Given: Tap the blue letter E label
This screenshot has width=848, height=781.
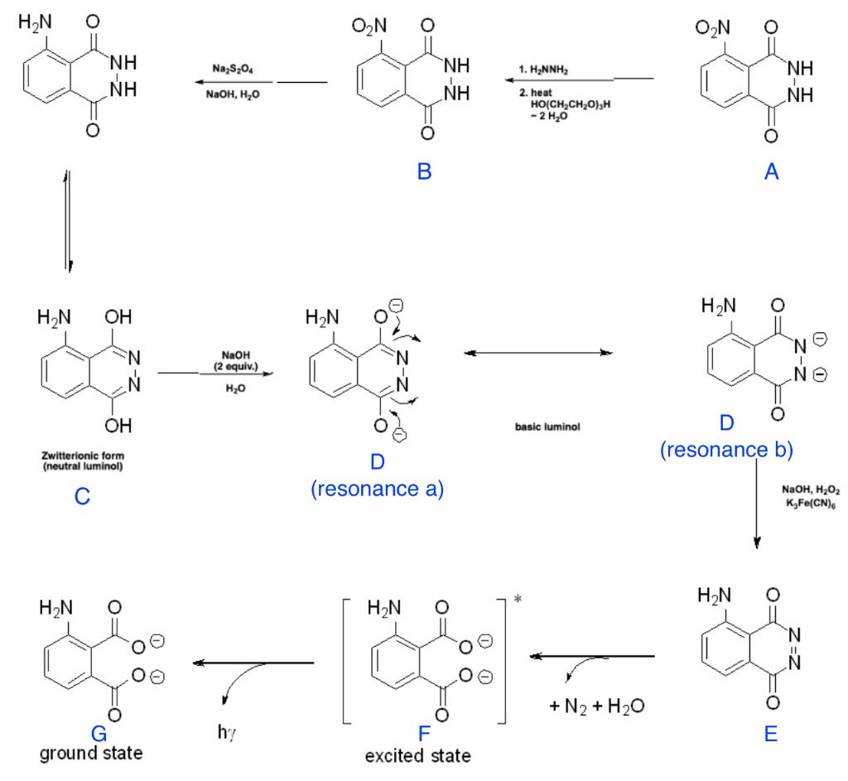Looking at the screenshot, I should pyautogui.click(x=771, y=734).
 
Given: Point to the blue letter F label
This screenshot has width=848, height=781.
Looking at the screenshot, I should pyautogui.click(x=426, y=734).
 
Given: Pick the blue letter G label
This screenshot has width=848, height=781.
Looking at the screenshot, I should pyautogui.click(x=100, y=734).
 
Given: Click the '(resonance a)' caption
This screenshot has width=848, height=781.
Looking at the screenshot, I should pyautogui.click(x=378, y=489).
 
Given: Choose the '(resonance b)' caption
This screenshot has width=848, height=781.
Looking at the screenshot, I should pyautogui.click(x=726, y=450).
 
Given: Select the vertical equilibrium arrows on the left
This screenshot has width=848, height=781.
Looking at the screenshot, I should pyautogui.click(x=70, y=220).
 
